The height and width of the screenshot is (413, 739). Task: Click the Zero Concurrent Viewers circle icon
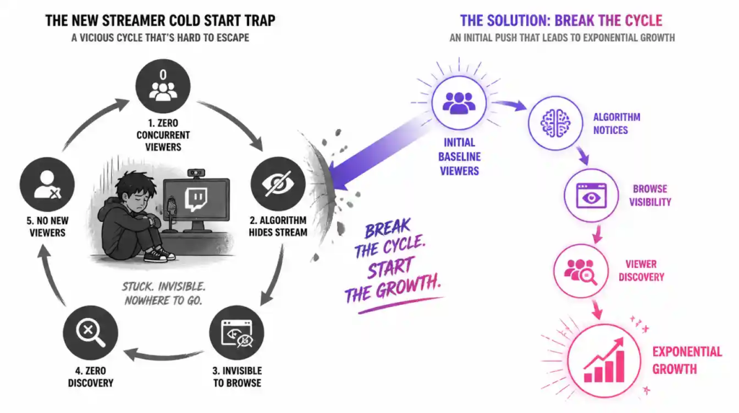tap(163, 86)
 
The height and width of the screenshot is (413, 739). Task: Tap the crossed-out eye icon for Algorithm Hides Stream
tap(278, 184)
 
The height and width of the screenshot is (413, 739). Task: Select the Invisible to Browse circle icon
tap(237, 333)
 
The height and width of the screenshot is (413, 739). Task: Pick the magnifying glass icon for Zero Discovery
tap(91, 332)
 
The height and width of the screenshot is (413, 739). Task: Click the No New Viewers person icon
tap(47, 184)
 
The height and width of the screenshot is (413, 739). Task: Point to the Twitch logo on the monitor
tap(196, 200)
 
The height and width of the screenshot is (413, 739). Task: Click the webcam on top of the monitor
tap(196, 173)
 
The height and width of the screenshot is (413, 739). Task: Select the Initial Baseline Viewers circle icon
tap(459, 102)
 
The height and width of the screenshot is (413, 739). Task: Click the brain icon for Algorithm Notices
tap(555, 123)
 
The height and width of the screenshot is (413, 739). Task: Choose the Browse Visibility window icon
tap(591, 195)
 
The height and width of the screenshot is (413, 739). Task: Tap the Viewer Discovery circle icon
tap(581, 271)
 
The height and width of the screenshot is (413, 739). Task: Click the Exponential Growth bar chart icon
tap(604, 360)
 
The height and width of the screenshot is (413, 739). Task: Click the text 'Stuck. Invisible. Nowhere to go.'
tap(164, 293)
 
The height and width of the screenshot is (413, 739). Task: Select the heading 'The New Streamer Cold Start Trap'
tap(160, 21)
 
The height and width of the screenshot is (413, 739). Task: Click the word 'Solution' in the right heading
tap(516, 21)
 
